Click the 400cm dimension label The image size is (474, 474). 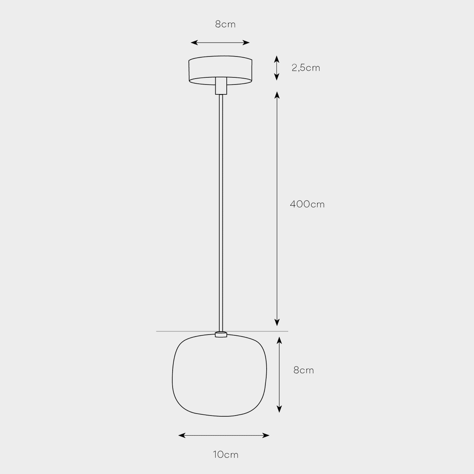tap(307, 204)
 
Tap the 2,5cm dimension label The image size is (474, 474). tap(306, 68)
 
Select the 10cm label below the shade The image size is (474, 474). tap(226, 455)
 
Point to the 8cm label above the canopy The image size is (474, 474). tap(225, 24)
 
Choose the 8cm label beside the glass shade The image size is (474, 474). tap(303, 370)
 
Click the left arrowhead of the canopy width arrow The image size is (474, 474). tap(194, 43)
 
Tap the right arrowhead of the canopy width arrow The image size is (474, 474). tap(246, 43)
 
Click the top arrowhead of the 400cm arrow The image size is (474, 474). tap(277, 95)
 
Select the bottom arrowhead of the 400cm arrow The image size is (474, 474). tap(277, 322)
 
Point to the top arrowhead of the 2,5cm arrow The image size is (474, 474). tap(277, 59)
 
